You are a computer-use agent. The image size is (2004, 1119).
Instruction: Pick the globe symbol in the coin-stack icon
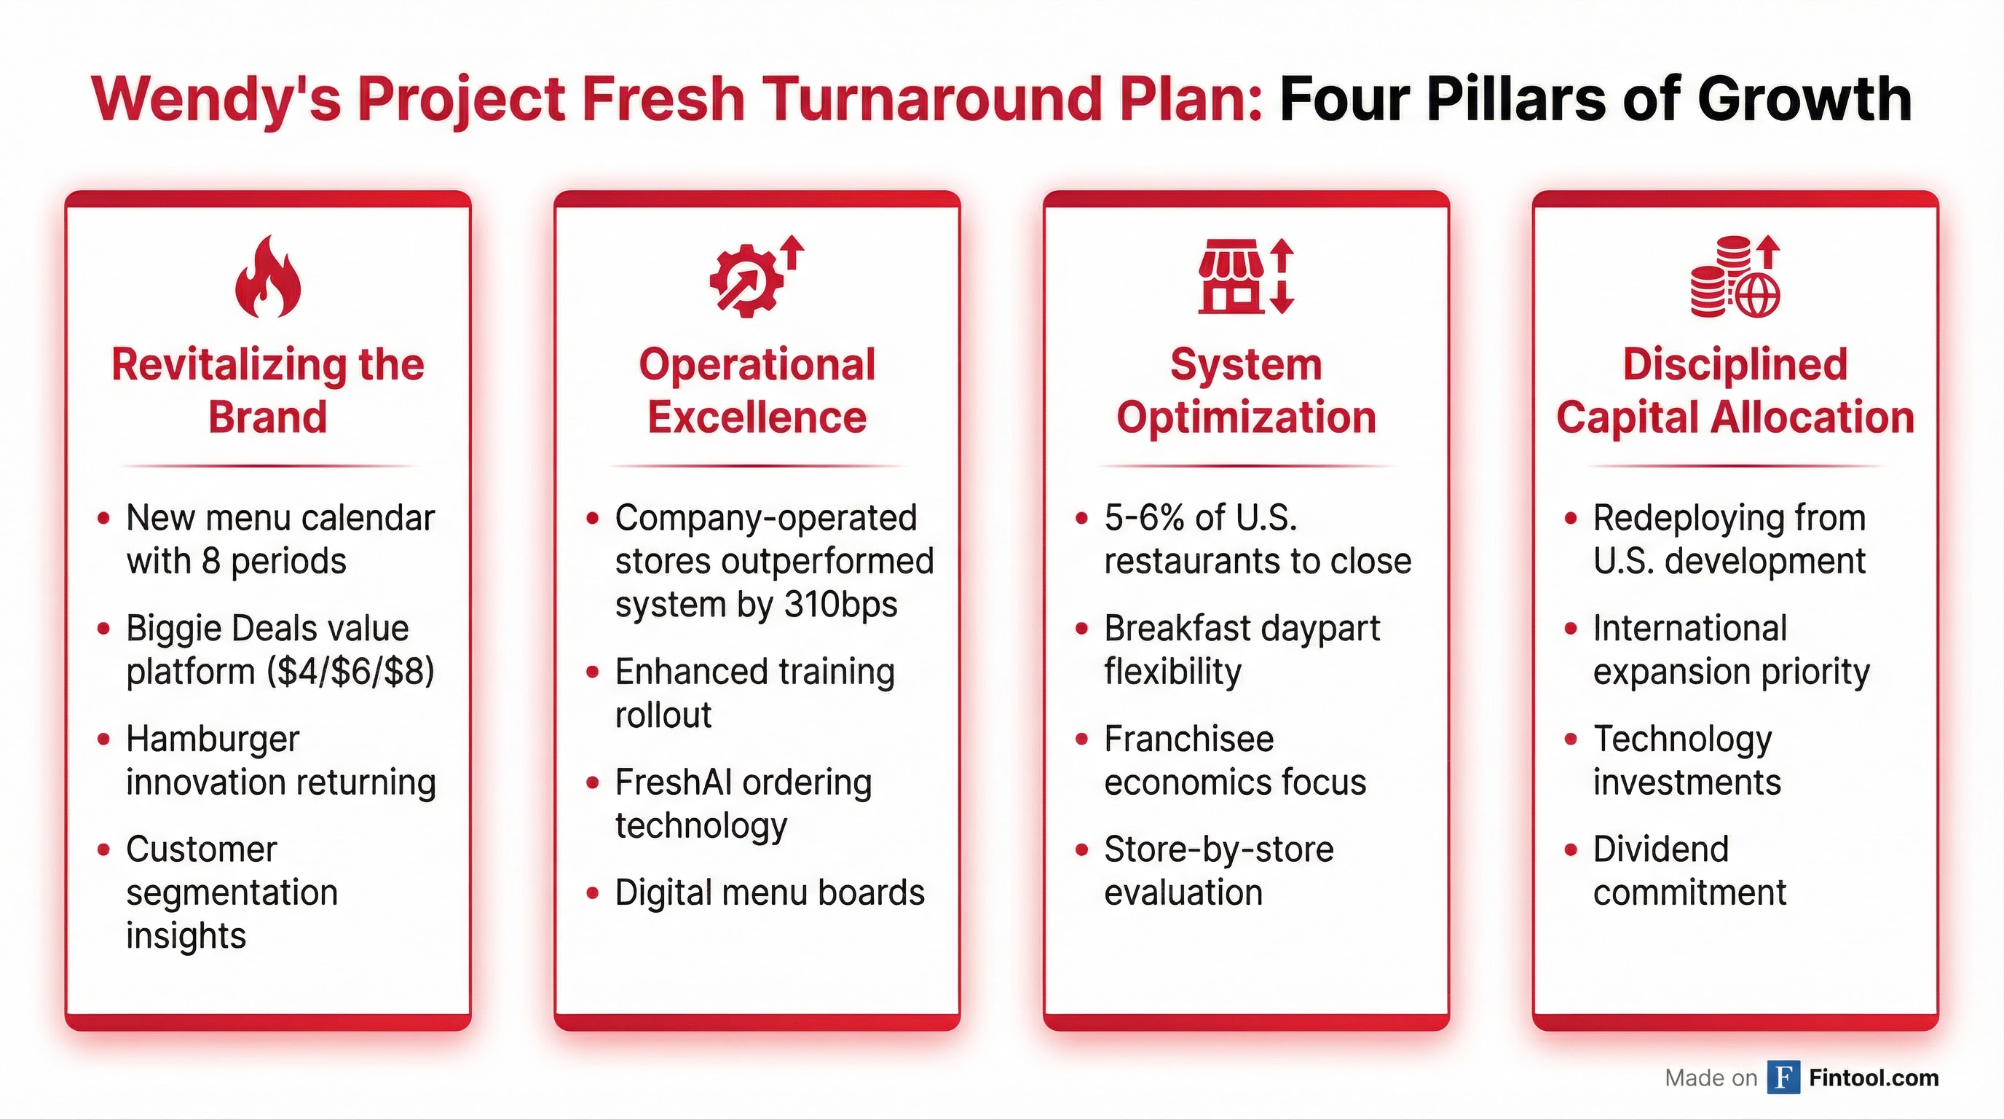click(1756, 295)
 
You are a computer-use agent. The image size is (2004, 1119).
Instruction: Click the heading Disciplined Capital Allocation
click(1735, 390)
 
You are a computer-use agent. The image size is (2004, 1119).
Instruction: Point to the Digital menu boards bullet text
click(770, 892)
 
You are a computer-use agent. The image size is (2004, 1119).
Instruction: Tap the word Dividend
click(1661, 849)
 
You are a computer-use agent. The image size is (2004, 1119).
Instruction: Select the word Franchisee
click(1188, 739)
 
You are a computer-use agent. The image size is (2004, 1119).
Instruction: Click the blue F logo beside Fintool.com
click(1783, 1077)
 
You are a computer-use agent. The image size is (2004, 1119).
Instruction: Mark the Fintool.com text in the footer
click(1874, 1077)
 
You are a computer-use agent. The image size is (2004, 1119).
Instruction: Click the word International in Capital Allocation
click(1689, 628)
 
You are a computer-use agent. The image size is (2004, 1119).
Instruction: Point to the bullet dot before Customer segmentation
click(103, 849)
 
